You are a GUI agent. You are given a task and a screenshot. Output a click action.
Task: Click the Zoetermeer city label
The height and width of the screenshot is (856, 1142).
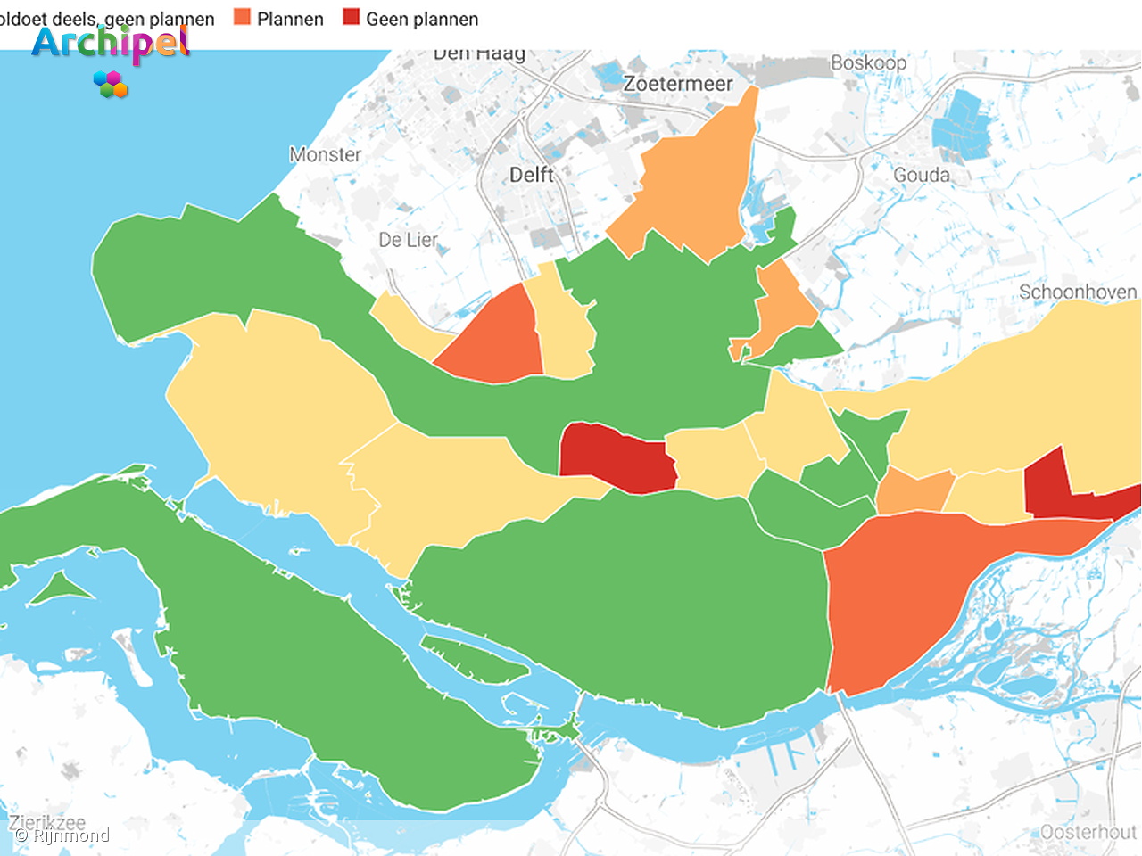[677, 84]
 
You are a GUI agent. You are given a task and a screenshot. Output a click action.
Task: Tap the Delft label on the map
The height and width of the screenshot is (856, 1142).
[532, 175]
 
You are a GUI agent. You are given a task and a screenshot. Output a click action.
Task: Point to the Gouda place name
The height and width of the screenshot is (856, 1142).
[922, 175]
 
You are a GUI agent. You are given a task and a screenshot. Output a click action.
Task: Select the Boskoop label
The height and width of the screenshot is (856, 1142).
[868, 62]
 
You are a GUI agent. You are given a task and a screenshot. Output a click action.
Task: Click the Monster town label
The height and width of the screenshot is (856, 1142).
[325, 154]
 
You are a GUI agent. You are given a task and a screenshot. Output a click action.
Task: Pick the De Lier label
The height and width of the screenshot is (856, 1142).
[408, 240]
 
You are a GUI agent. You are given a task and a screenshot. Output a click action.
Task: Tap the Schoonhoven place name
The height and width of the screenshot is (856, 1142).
[1078, 292]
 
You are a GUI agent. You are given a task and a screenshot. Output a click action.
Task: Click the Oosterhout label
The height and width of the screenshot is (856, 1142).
[1088, 832]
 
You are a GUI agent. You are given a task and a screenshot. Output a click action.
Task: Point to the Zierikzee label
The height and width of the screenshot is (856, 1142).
[47, 822]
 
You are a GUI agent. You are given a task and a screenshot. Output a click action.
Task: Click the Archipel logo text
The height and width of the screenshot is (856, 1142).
[111, 43]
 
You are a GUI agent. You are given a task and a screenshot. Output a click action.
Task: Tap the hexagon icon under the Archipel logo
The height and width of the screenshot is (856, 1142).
[111, 84]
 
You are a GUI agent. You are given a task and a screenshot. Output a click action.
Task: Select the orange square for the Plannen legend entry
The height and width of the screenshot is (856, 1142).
[242, 17]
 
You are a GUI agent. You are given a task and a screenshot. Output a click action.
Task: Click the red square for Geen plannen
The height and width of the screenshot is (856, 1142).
[352, 17]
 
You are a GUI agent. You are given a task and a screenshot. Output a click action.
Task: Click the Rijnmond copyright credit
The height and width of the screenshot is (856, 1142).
[62, 835]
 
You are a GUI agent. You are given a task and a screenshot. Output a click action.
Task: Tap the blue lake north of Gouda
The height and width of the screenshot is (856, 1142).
[962, 125]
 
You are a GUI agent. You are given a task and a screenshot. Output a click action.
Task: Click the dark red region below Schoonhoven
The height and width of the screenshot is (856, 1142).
[1053, 486]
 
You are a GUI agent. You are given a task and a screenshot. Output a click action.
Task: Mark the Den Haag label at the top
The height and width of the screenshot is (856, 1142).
[479, 53]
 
